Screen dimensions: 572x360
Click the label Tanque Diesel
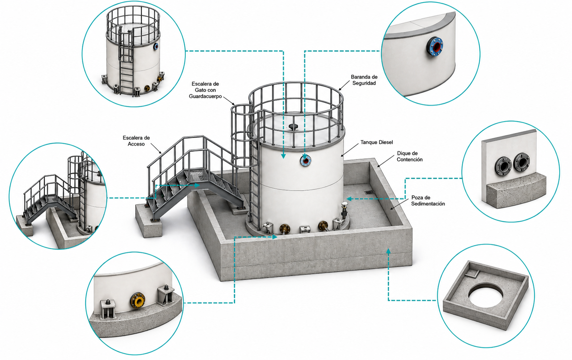[377, 142]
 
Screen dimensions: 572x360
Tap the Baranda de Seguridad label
[364, 80]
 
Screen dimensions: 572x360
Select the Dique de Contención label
[409, 156]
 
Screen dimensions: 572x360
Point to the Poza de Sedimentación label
[428, 200]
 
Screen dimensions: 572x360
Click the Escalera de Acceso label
[136, 141]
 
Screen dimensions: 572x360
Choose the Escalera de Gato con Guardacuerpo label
[205, 90]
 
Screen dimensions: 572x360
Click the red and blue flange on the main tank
[306, 161]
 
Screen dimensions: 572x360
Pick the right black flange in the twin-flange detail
[521, 163]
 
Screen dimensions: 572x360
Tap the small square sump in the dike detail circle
[472, 274]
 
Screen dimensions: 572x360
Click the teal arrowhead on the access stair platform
[197, 185]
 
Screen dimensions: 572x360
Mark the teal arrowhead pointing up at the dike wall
[388, 251]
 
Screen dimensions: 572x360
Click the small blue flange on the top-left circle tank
[156, 46]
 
